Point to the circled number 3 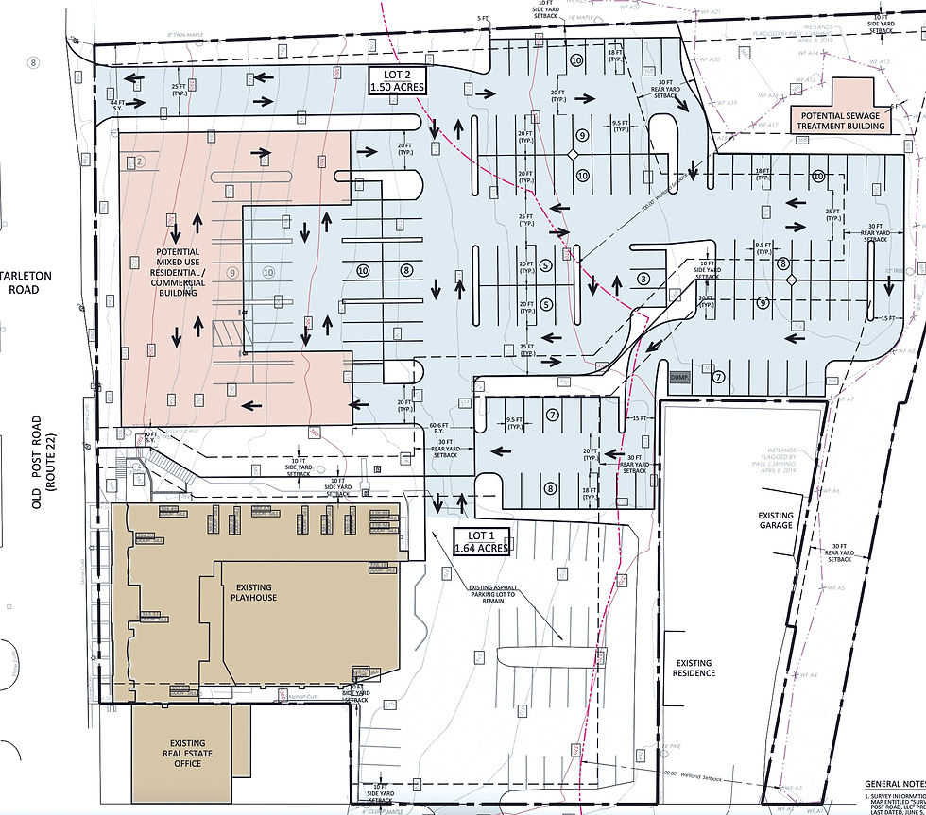click(x=643, y=279)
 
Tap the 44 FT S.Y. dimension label click(x=117, y=107)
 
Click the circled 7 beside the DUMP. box click(x=719, y=378)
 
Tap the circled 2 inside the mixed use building click(x=140, y=161)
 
